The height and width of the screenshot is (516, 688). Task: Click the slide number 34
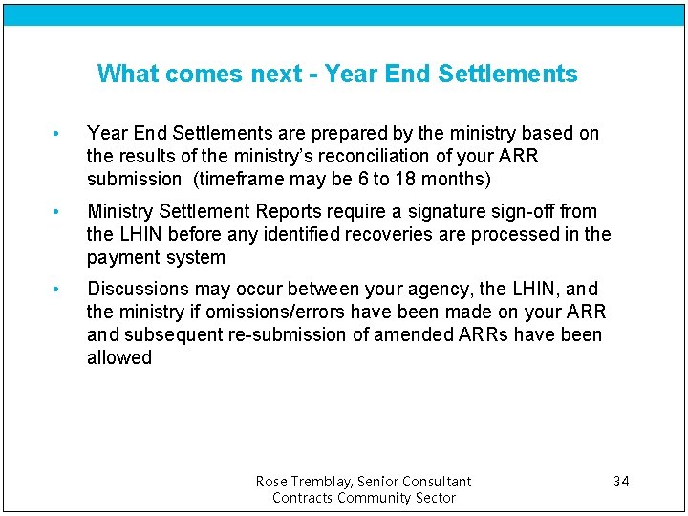tap(621, 481)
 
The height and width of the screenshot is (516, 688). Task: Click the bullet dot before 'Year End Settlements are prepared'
tap(58, 134)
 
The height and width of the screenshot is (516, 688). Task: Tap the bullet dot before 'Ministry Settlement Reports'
tap(58, 212)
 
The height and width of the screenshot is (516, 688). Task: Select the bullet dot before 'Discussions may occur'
tap(58, 290)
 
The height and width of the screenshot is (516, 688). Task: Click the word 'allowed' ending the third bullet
tap(119, 357)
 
